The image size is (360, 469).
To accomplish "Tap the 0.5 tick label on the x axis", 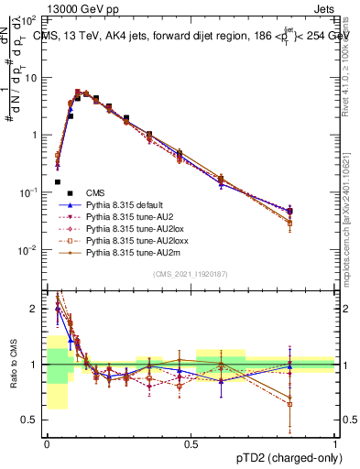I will coord(191,442).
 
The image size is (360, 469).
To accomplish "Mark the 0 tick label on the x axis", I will coord(47,442).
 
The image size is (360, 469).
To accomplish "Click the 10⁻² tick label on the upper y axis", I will coord(31,249).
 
